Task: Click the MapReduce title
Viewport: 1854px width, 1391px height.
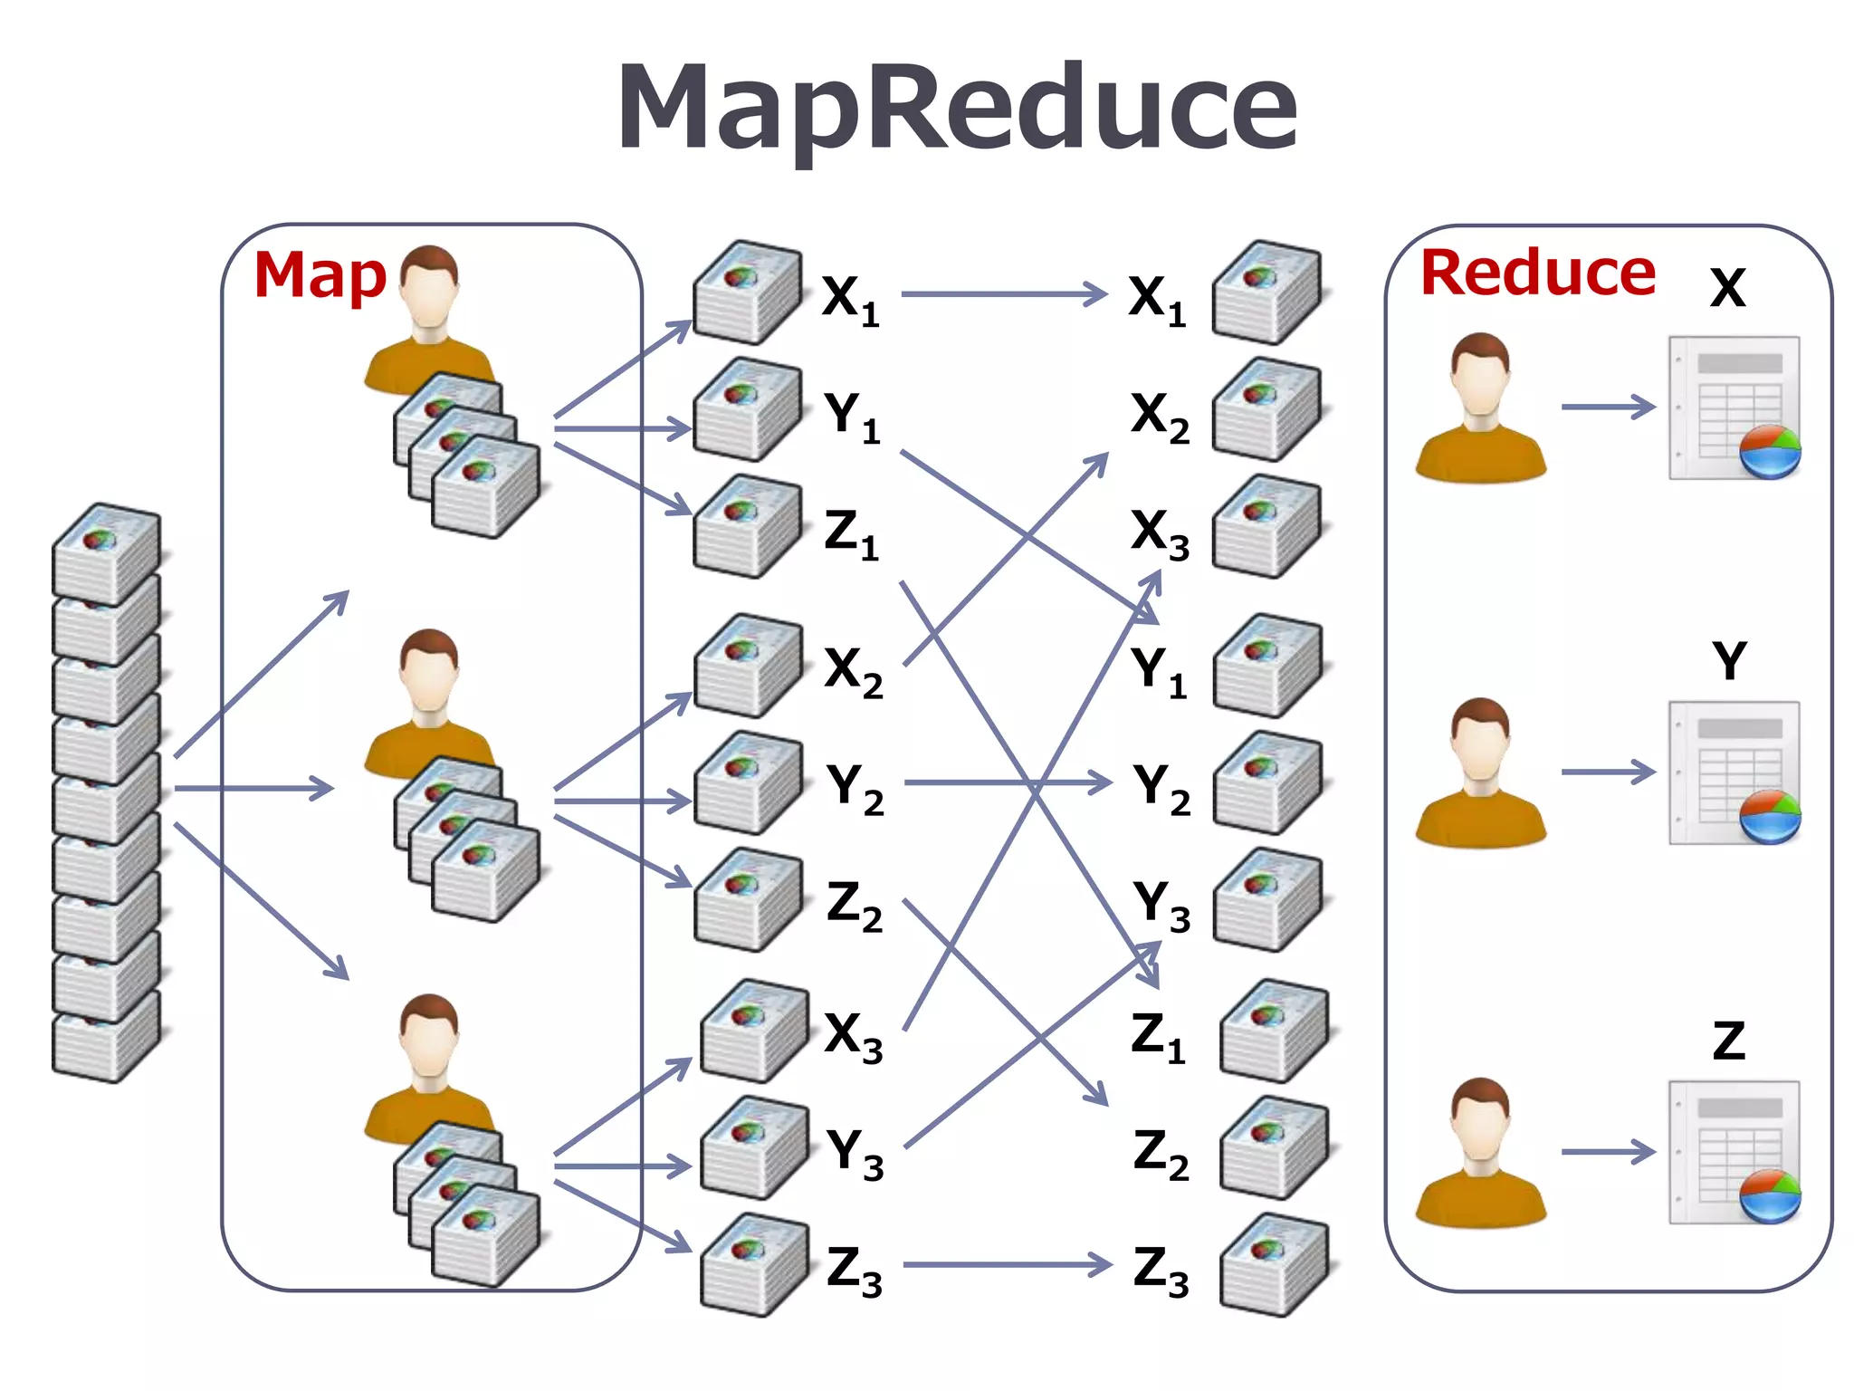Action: click(x=957, y=109)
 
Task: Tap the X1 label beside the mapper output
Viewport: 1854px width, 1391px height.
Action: click(x=849, y=299)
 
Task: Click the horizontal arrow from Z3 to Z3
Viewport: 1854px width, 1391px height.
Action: click(x=1007, y=1265)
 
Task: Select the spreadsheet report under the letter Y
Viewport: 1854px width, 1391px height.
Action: click(x=1734, y=772)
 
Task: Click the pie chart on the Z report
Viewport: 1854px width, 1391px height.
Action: click(x=1770, y=1195)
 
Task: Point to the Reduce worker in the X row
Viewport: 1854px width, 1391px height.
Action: click(x=1480, y=408)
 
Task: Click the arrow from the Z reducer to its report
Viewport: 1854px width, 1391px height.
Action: click(x=1608, y=1152)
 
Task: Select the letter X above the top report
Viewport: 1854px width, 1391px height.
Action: click(x=1727, y=288)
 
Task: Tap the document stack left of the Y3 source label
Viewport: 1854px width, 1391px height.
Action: click(x=753, y=1148)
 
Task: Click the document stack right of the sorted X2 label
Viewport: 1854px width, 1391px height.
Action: click(x=1266, y=409)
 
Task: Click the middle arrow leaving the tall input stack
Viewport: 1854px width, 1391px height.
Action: click(x=253, y=788)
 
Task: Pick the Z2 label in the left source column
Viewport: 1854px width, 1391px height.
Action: click(x=854, y=905)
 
